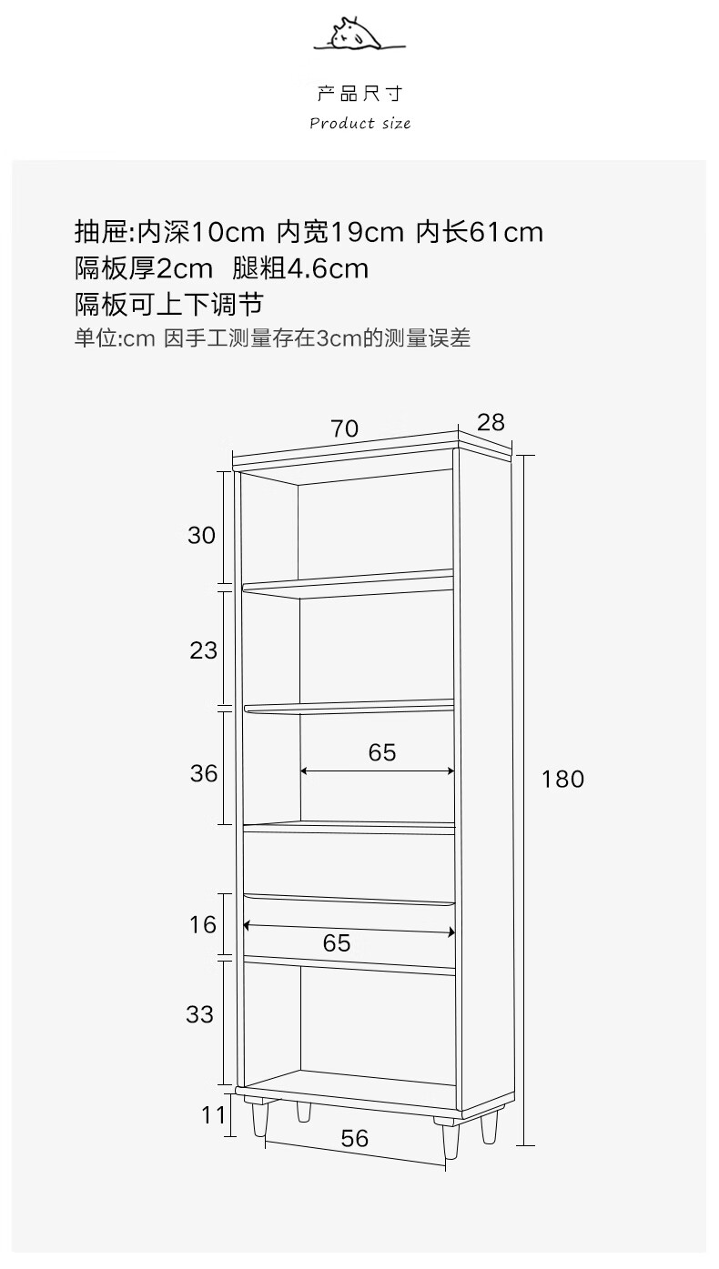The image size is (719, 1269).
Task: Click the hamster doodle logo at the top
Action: (359, 35)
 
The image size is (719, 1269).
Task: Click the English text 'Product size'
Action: (359, 123)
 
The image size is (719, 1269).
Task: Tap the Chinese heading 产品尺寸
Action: (359, 94)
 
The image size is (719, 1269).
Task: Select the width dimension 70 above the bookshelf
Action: (345, 428)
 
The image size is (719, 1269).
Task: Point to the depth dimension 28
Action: (490, 422)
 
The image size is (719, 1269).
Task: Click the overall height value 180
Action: (562, 779)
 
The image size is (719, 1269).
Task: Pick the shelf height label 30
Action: (202, 535)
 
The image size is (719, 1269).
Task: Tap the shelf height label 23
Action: (204, 650)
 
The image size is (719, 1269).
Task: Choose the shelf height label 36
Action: (204, 773)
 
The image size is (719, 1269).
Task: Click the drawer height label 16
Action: (204, 924)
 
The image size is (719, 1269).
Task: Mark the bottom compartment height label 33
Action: (199, 1013)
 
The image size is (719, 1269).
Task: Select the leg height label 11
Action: (213, 1114)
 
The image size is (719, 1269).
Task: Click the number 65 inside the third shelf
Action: (382, 752)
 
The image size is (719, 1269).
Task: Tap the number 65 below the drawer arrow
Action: (337, 943)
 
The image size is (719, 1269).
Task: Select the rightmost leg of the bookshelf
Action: (491, 1124)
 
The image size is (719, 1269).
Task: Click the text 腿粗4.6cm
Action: (300, 268)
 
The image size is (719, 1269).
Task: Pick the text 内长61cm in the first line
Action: (480, 232)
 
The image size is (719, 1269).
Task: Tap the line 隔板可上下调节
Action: (168, 304)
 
